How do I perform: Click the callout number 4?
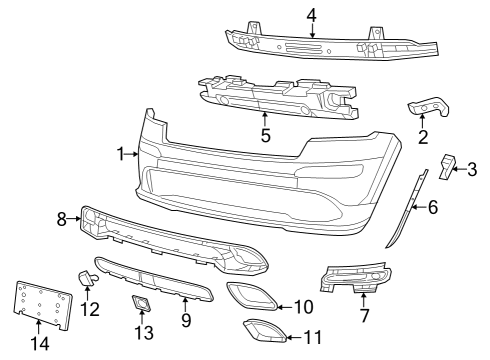click(x=311, y=14)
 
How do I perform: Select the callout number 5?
click(x=265, y=134)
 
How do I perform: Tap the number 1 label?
click(x=120, y=154)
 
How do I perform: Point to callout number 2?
click(x=423, y=136)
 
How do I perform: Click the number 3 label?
click(x=472, y=169)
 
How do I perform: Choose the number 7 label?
click(x=364, y=316)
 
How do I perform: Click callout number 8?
click(x=61, y=217)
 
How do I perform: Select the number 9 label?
click(x=186, y=320)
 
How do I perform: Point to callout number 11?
click(x=312, y=337)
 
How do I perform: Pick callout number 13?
click(x=143, y=331)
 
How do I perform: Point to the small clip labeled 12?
click(x=86, y=278)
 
